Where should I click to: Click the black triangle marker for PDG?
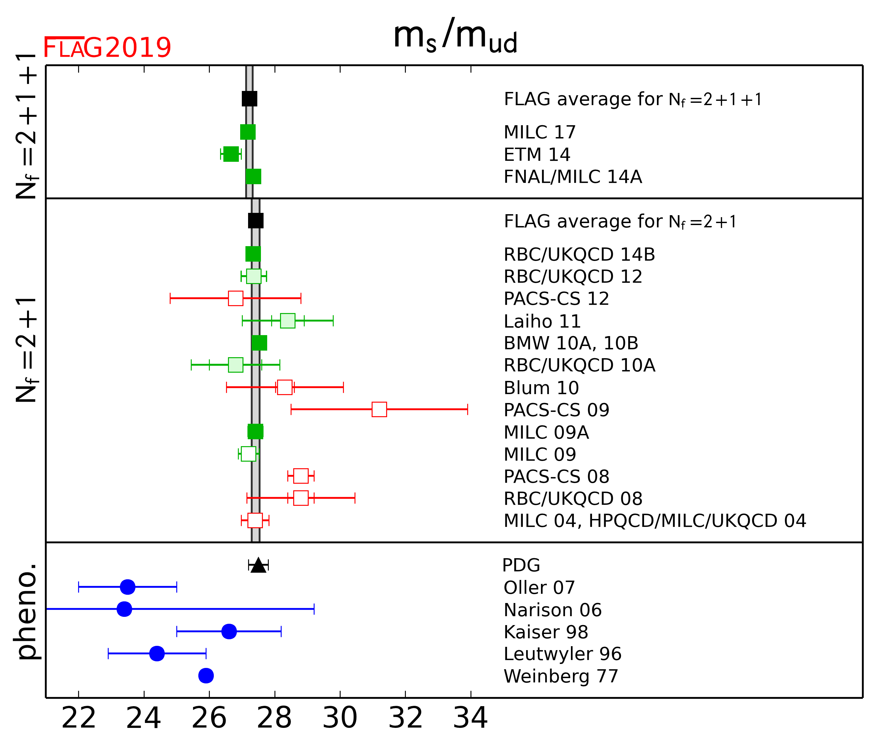258,565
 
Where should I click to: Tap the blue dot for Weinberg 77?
206,675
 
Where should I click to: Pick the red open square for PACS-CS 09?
379,409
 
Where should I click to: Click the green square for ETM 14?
231,154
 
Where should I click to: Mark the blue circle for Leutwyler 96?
157,653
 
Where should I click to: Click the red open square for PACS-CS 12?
236,298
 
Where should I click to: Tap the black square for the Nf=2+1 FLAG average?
256,221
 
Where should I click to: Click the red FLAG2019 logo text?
107,47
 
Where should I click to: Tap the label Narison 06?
552,610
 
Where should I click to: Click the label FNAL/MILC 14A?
573,177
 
